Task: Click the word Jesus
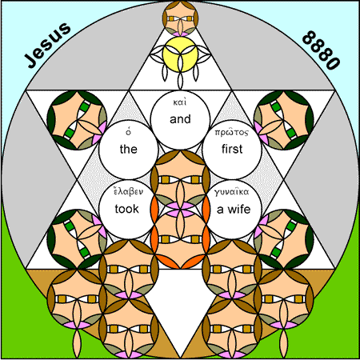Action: pos(48,45)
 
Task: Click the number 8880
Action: pos(322,50)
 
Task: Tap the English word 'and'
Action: pos(180,119)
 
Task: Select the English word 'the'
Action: pos(129,149)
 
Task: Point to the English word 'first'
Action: pos(232,149)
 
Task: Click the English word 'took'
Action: pos(127,209)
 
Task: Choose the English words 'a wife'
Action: pos(234,210)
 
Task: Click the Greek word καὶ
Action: pos(180,102)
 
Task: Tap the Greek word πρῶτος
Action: pos(232,132)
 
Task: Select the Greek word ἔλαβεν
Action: pos(129,191)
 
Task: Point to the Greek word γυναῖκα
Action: pos(232,192)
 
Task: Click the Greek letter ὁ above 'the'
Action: pos(129,131)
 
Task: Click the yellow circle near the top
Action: pos(180,54)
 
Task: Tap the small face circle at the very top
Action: pos(180,18)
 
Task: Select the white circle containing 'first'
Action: pos(232,150)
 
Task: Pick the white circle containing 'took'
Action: pos(129,210)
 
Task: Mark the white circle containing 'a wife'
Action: pos(232,210)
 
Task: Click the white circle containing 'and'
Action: pos(180,120)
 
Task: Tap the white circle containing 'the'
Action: pos(129,150)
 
